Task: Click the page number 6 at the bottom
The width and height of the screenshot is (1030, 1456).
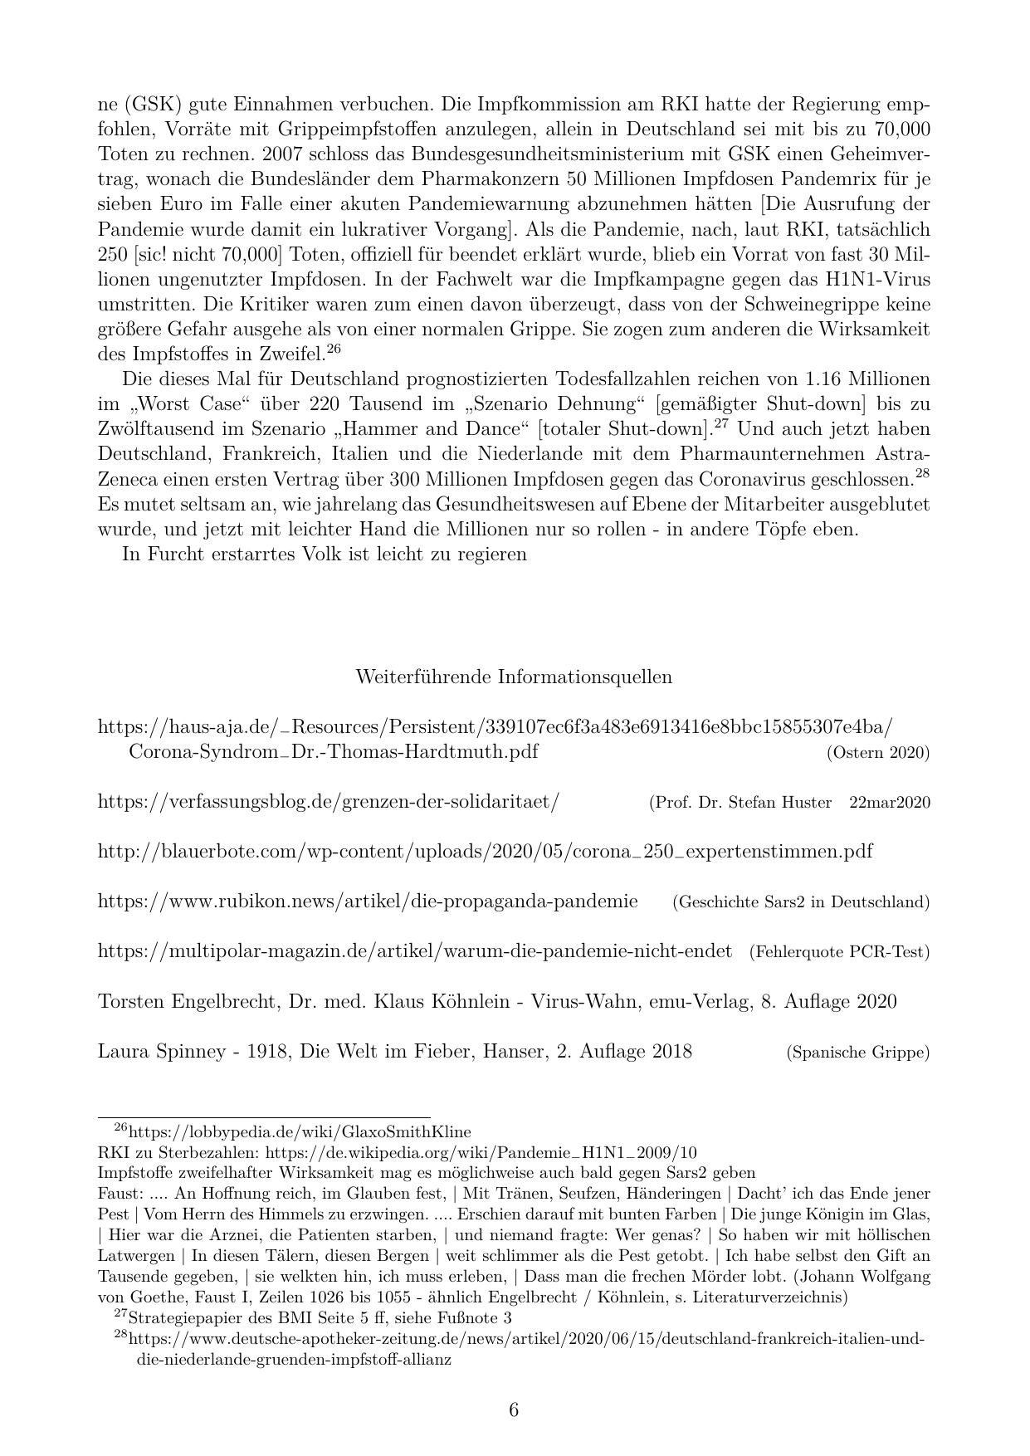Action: pyautogui.click(x=514, y=1410)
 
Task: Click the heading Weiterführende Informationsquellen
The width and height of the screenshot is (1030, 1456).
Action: pyautogui.click(x=514, y=677)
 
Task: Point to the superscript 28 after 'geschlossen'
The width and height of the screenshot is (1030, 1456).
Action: pyautogui.click(x=922, y=474)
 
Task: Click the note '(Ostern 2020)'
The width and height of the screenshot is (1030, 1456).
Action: pyautogui.click(x=878, y=753)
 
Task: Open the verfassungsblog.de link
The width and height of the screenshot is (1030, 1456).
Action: pyautogui.click(x=329, y=802)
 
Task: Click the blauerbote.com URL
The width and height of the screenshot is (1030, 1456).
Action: pyautogui.click(x=485, y=852)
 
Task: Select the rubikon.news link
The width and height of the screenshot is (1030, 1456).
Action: pyautogui.click(x=368, y=901)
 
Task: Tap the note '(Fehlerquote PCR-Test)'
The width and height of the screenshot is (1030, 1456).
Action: pyautogui.click(x=839, y=952)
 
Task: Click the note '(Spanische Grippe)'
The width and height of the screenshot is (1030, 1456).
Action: pyautogui.click(x=858, y=1053)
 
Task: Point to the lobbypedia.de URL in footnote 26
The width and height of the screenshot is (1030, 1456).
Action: pyautogui.click(x=300, y=1131)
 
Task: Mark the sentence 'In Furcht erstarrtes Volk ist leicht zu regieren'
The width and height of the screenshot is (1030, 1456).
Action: pyautogui.click(x=325, y=554)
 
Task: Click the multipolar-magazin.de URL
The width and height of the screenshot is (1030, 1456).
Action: pyautogui.click(x=415, y=951)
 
